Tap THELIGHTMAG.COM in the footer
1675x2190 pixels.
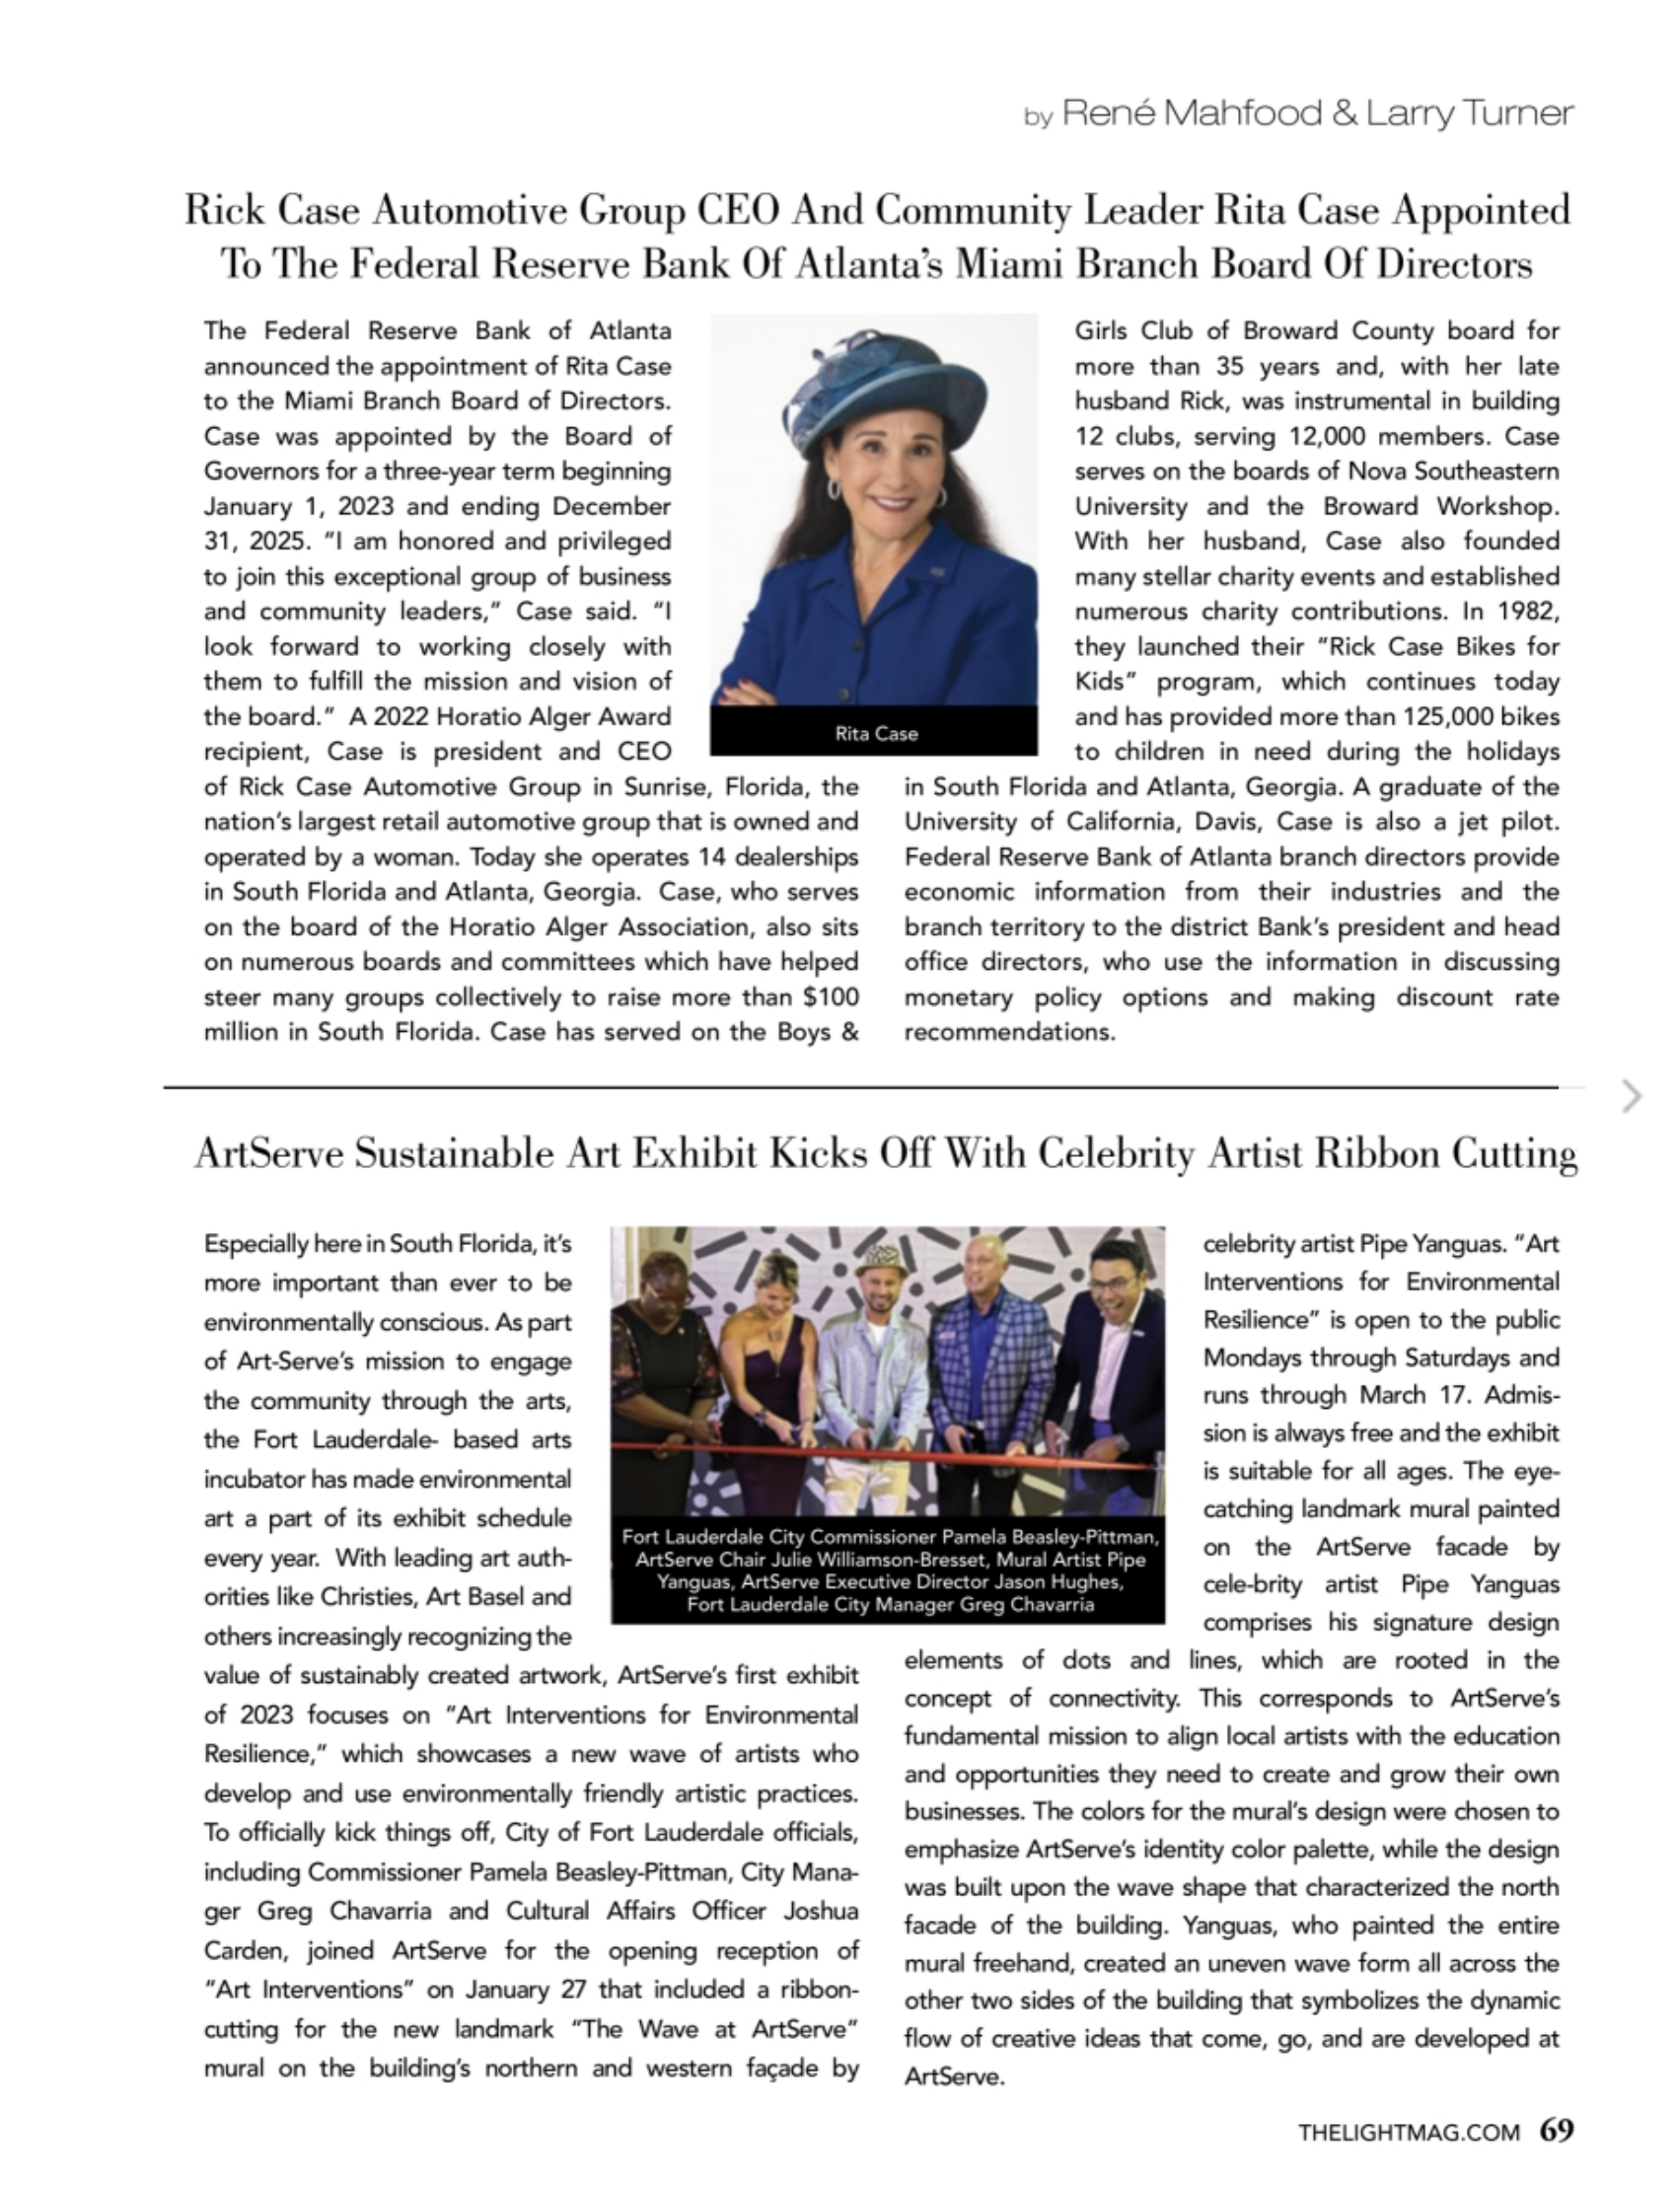(x=1408, y=2132)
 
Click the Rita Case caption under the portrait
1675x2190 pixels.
(x=875, y=734)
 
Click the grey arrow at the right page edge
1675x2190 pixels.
(x=1632, y=1096)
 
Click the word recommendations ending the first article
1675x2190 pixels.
(x=1009, y=1032)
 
